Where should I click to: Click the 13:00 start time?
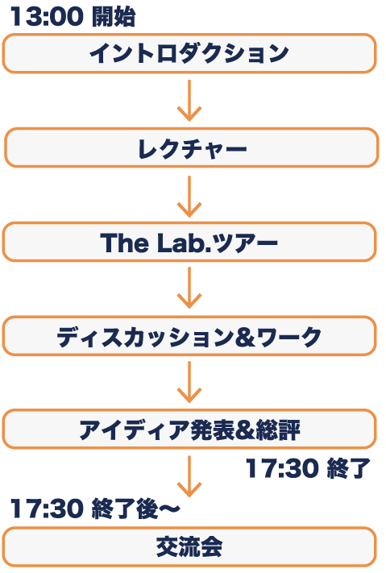point(47,16)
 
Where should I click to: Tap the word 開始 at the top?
point(114,17)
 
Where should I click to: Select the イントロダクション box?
point(189,53)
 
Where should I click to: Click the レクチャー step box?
point(192,147)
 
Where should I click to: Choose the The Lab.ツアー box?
point(189,242)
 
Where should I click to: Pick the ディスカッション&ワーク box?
point(189,336)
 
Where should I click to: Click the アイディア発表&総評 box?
point(189,429)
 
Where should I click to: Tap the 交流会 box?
point(189,547)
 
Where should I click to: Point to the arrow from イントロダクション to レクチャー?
point(189,101)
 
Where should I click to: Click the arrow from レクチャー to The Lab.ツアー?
point(189,197)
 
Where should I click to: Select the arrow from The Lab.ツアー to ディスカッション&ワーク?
point(189,288)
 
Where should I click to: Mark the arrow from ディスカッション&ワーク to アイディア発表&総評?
point(189,382)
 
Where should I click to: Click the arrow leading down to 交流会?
point(189,476)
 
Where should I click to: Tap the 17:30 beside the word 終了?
point(282,468)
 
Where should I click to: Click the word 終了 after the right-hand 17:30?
point(348,468)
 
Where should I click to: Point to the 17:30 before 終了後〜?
point(47,509)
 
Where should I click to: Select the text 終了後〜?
point(136,509)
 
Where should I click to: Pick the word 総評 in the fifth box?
point(278,430)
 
